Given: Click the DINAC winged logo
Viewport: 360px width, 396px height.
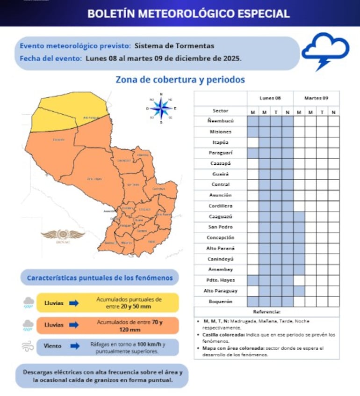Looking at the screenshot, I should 63,235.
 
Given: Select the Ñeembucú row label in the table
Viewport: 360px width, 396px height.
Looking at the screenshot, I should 220,121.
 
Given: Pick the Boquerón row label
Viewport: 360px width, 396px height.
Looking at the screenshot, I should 220,301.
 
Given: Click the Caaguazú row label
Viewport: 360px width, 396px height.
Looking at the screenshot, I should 220,217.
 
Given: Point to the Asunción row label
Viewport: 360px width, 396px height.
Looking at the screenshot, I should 220,195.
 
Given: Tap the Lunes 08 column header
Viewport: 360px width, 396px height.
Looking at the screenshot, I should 270,98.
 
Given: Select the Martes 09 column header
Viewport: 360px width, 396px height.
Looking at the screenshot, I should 316,98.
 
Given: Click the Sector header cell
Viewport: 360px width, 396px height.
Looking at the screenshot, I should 220,111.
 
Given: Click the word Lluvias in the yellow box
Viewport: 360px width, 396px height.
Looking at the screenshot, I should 54,303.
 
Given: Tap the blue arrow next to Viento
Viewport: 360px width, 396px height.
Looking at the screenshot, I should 74,346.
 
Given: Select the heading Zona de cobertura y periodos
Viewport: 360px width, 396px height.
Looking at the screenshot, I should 180,80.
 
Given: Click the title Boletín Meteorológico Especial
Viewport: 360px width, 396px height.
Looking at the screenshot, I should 188,13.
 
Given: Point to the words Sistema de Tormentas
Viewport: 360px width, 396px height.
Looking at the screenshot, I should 174,46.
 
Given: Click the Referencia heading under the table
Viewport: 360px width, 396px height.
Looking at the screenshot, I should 266,312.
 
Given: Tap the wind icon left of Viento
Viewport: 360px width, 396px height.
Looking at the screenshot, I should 28,347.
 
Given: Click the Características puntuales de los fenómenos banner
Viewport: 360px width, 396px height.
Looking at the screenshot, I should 100,278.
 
